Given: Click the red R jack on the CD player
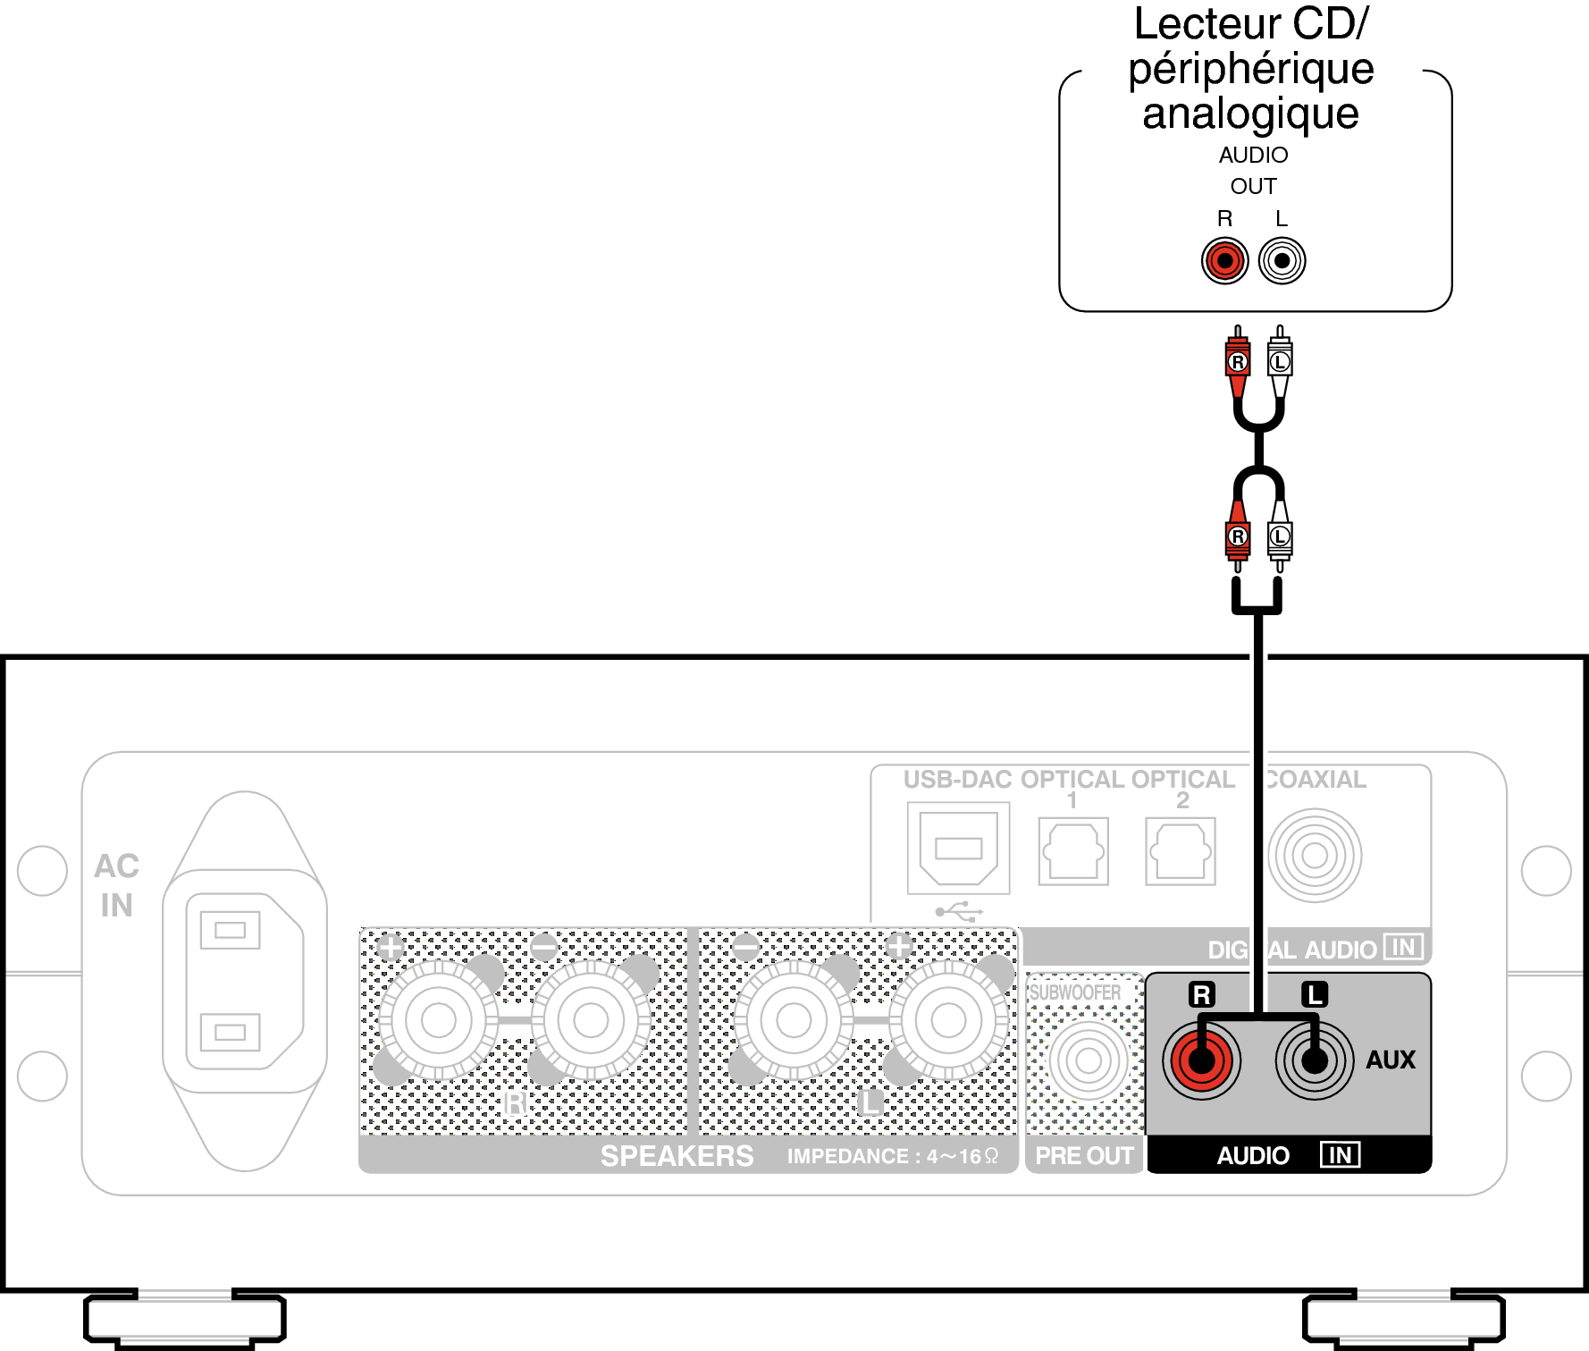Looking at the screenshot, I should pos(1224,261).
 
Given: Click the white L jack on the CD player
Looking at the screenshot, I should pos(1282,261).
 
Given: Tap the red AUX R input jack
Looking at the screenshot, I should pos(1201,1060).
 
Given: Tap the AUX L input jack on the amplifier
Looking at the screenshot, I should pos(1314,1060).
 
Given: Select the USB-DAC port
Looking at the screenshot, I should pos(958,848).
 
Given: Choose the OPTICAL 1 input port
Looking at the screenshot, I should pos(1073,851).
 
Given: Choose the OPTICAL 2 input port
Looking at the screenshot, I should pos(1181,851).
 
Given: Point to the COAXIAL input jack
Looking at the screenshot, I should pos(1315,856).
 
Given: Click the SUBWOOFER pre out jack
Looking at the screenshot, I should pos(1088,1060).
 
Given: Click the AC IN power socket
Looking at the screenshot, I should pos(244,981).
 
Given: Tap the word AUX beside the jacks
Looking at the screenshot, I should pos(1391,1060).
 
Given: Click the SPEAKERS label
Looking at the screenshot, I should pos(677,1156).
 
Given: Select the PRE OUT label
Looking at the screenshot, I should pos(1084,1156).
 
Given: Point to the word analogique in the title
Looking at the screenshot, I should pos(1250,114).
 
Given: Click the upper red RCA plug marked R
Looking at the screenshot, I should pos(1238,362).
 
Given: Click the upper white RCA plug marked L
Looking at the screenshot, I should pos(1280,362).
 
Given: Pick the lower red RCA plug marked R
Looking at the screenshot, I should pos(1238,536).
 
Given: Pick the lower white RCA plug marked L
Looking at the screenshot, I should pos(1280,536).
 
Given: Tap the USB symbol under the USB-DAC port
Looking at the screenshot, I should pos(959,912).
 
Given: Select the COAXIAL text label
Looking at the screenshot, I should pos(1316,780).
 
